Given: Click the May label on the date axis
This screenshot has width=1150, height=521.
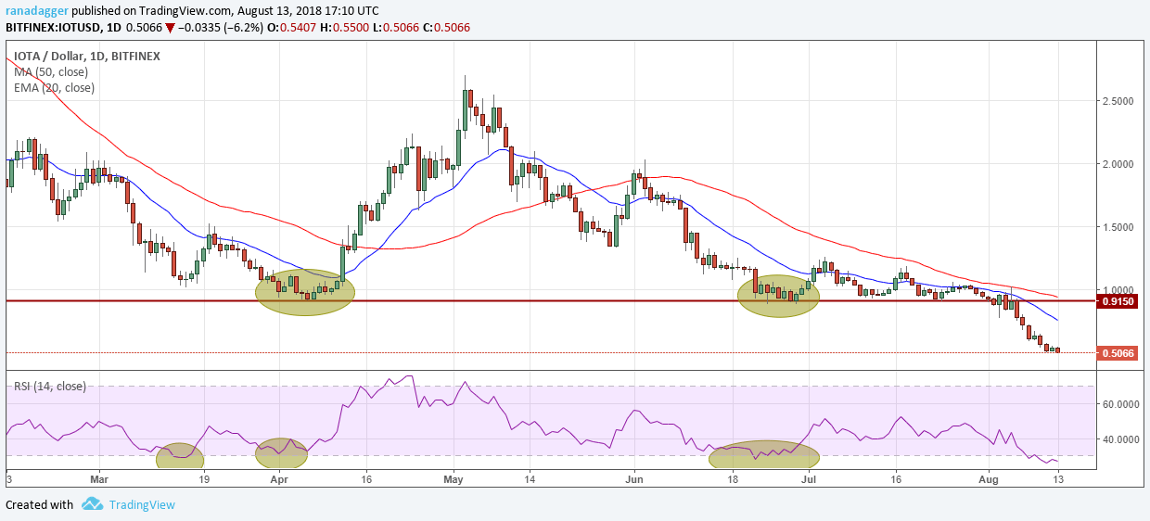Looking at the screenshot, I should tap(454, 480).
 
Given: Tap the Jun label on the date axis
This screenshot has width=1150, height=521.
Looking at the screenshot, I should tap(635, 480).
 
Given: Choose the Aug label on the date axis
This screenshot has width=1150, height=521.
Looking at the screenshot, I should tap(990, 480).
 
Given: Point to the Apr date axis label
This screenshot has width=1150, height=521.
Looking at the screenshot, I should tap(278, 480).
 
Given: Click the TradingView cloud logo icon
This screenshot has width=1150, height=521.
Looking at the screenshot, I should tap(92, 504).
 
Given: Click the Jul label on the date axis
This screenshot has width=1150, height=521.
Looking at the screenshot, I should tap(808, 480).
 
